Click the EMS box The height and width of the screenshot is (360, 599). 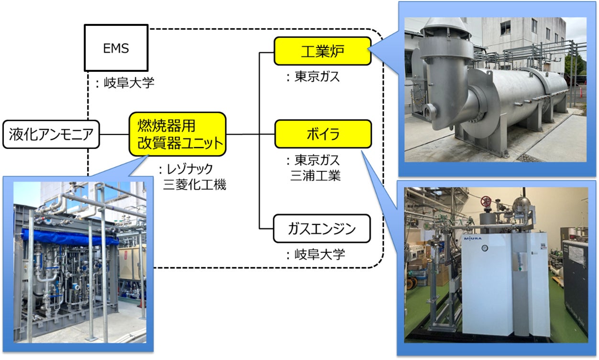pos(116,48)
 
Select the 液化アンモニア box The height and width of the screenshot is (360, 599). pos(51,135)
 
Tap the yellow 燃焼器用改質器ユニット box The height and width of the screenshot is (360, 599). pos(177,135)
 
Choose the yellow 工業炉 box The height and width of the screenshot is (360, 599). pos(322,51)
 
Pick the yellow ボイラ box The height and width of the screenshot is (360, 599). pos(322,134)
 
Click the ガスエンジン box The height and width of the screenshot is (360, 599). pos(322,229)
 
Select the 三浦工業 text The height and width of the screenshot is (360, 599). pos(315,175)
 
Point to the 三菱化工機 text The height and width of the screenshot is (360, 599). pos(194,184)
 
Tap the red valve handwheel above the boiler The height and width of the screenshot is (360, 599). pos(487,201)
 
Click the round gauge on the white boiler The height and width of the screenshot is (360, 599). pos(485,248)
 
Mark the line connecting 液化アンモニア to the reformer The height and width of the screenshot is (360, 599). pos(114,135)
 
